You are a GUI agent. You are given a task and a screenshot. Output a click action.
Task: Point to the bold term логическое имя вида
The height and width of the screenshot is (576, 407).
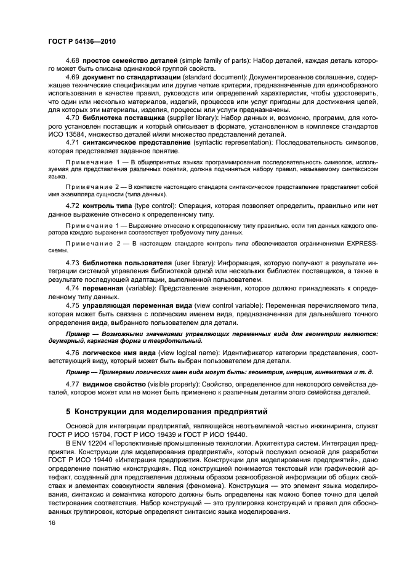[119, 352]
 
